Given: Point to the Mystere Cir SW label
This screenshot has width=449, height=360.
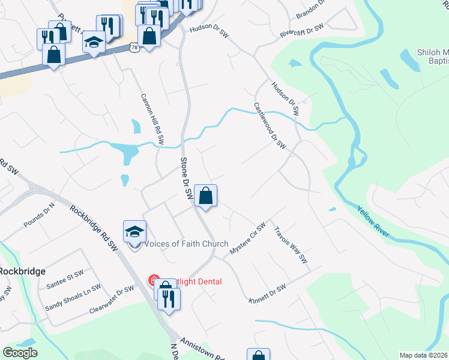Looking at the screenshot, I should pos(248,239).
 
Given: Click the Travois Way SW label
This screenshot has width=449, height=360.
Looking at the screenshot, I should pos(291,245).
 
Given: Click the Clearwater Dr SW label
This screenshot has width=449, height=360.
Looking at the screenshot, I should pos(111,298).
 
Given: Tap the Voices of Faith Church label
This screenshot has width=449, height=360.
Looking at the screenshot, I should pos(187,244).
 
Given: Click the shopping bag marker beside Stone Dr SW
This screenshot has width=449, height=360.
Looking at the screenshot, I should pos(205,196).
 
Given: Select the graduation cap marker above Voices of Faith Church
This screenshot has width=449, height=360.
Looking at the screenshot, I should pos(134,232).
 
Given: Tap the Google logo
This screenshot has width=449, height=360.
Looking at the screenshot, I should pos(20,353).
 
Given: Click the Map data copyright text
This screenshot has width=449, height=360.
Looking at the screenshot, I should pos(423,355).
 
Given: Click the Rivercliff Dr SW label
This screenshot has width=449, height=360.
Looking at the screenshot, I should pos(301,31).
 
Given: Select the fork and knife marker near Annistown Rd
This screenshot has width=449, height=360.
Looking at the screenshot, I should pos(169,298).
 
